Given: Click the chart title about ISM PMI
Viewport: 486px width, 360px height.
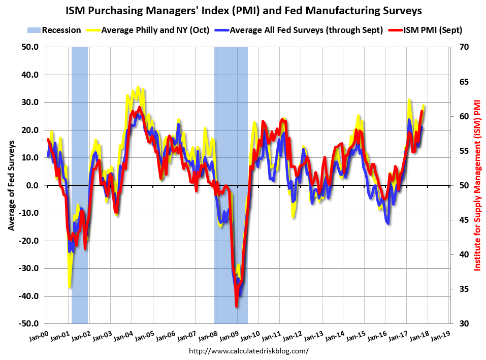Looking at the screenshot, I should point(243,10).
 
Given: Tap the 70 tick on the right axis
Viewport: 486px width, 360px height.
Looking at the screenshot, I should point(463,47).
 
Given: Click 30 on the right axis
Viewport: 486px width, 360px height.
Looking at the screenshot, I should point(463,323).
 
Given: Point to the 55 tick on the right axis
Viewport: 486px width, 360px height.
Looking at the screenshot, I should point(463,151).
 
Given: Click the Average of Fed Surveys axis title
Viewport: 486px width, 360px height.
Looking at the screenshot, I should point(11,185).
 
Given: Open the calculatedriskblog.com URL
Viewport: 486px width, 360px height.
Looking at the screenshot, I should point(248,351).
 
